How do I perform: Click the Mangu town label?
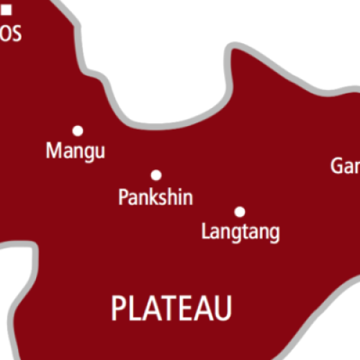pyautogui.click(x=75, y=151)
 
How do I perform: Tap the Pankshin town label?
pyautogui.click(x=156, y=197)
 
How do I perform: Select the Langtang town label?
pyautogui.click(x=240, y=233)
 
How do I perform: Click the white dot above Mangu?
pyautogui.click(x=78, y=130)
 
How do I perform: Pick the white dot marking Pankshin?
pyautogui.click(x=156, y=175)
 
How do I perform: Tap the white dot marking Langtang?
pyautogui.click(x=240, y=212)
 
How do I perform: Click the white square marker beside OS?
pyautogui.click(x=7, y=10)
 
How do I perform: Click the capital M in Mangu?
pyautogui.click(x=53, y=151)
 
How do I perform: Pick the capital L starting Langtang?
pyautogui.click(x=206, y=232)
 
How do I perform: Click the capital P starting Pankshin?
pyautogui.click(x=122, y=197)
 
